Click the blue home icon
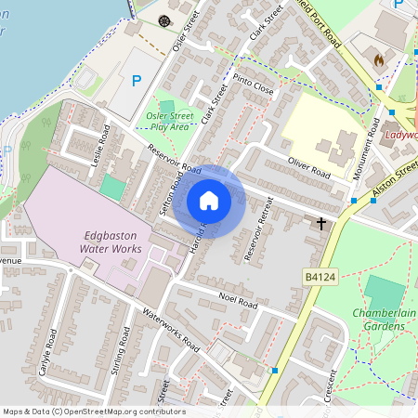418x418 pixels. tap(209, 201)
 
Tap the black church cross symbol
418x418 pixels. tap(321, 223)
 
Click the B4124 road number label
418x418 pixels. tap(319, 277)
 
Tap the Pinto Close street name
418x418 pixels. tap(254, 85)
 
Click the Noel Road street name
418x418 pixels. tap(237, 300)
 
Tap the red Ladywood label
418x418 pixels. tap(400, 134)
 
